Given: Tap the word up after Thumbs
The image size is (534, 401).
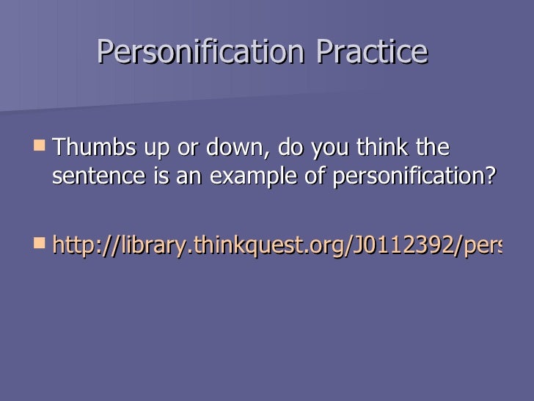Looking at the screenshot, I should (157, 148).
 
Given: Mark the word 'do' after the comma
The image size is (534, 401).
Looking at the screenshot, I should (290, 148).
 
